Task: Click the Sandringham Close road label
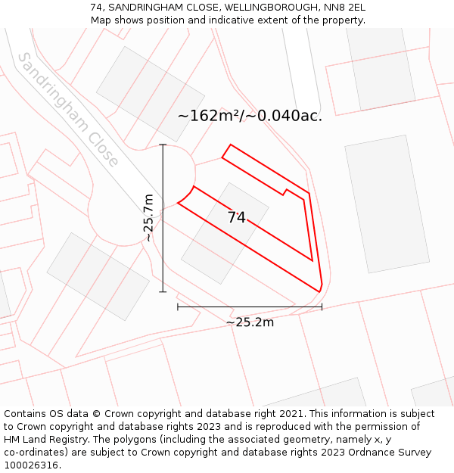pyautogui.click(x=68, y=110)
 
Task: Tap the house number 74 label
pyautogui.click(x=237, y=217)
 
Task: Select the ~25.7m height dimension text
pyautogui.click(x=149, y=218)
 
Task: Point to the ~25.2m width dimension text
pyautogui.click(x=250, y=322)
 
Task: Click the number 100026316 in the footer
pyautogui.click(x=31, y=465)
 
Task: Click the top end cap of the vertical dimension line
pyautogui.click(x=163, y=145)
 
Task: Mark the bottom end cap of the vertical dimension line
pyautogui.click(x=163, y=291)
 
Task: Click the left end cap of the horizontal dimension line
pyautogui.click(x=178, y=307)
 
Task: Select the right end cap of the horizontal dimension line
pyautogui.click(x=322, y=307)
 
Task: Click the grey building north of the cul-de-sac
pyautogui.click(x=150, y=94)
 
